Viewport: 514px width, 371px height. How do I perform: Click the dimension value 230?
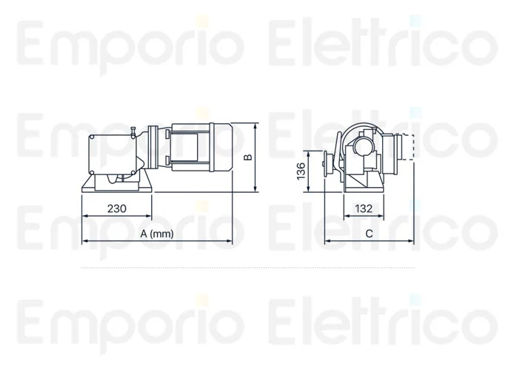116,209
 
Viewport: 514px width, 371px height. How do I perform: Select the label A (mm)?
157,234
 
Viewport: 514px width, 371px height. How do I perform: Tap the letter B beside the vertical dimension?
250,157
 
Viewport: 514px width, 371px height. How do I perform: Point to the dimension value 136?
301,171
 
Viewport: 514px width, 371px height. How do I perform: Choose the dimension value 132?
364,209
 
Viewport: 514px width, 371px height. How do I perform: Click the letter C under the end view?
368,234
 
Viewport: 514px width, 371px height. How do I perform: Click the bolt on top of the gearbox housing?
130,134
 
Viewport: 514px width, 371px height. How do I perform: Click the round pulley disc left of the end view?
323,165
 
